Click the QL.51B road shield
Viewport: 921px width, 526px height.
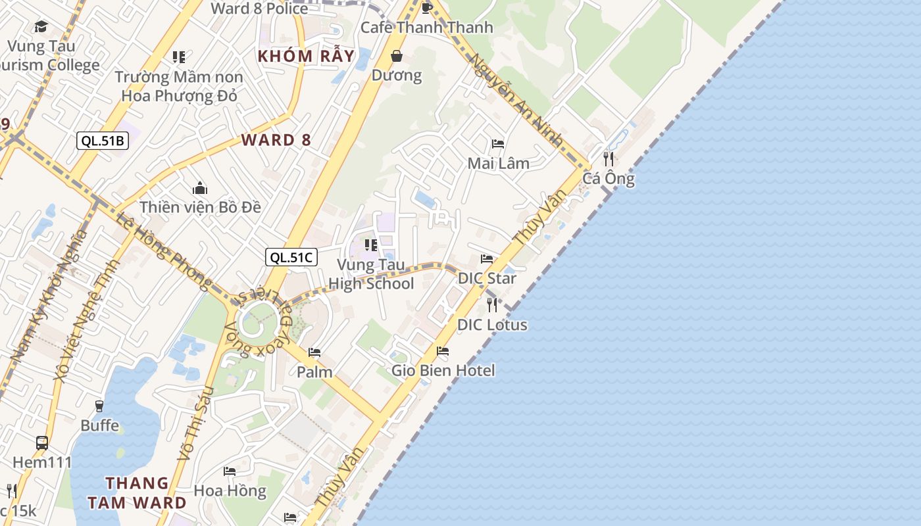tap(102, 140)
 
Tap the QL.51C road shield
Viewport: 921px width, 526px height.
tap(291, 257)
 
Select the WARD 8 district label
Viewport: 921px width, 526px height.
tap(276, 139)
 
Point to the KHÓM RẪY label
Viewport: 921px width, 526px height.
tap(306, 56)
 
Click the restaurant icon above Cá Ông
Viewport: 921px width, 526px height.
tap(609, 158)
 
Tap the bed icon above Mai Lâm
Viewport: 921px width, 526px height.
tap(498, 144)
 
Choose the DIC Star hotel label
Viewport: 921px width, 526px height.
tap(487, 277)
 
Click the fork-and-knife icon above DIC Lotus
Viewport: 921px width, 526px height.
tap(491, 304)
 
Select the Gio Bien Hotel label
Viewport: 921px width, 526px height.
tap(443, 370)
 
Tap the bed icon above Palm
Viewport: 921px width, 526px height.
tap(314, 352)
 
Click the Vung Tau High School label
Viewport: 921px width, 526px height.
tap(371, 274)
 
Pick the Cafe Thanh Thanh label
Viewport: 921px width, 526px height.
tap(426, 27)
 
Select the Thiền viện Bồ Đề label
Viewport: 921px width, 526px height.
tap(200, 207)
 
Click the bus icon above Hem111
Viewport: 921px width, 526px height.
tap(42, 442)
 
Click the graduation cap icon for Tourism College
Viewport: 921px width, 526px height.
tap(41, 26)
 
